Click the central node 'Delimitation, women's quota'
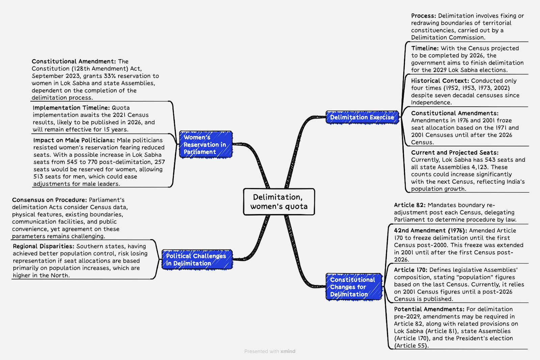(x=279, y=202)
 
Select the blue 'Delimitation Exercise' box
(x=362, y=117)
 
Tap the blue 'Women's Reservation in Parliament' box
(x=206, y=145)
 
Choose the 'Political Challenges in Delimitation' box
(x=197, y=260)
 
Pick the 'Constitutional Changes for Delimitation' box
(x=354, y=287)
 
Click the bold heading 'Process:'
(x=424, y=16)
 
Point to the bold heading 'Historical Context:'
(x=440, y=81)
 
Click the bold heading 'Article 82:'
(x=410, y=205)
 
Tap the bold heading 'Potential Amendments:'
(x=429, y=309)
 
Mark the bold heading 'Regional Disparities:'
(x=44, y=246)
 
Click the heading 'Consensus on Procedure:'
(x=49, y=200)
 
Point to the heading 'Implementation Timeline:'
(x=71, y=108)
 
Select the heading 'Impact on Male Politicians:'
(x=74, y=140)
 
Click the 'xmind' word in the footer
(x=288, y=351)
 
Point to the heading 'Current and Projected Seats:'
(x=455, y=153)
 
